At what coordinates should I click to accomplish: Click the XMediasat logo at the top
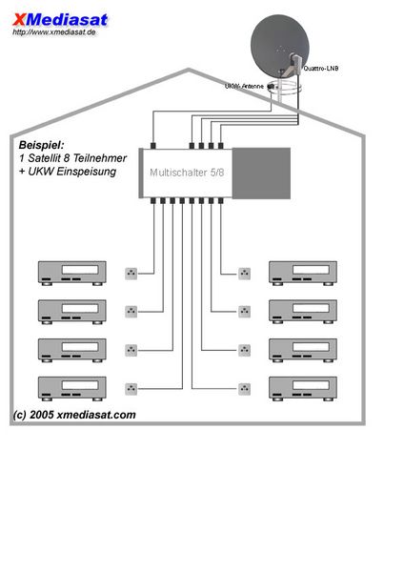click(x=60, y=20)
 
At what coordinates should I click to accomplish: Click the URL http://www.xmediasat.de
click(x=54, y=32)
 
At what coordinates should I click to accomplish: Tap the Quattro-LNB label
click(x=321, y=69)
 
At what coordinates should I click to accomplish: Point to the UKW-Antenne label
click(x=244, y=87)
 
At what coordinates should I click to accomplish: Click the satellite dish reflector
click(x=279, y=42)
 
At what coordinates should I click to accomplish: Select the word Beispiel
click(x=41, y=145)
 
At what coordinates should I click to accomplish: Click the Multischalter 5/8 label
click(x=187, y=173)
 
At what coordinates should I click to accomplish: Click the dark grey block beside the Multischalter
click(x=261, y=174)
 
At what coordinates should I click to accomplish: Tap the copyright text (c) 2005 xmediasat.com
click(x=74, y=415)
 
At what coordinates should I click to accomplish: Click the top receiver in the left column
click(x=72, y=273)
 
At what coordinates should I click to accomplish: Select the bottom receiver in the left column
click(x=72, y=389)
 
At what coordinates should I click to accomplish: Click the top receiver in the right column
click(x=303, y=273)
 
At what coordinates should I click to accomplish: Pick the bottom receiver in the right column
click(x=303, y=389)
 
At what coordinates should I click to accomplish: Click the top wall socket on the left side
click(x=131, y=274)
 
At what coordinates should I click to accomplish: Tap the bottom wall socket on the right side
click(x=244, y=389)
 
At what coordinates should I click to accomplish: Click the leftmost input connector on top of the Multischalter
click(x=153, y=146)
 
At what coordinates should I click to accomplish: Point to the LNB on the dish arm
click(x=295, y=62)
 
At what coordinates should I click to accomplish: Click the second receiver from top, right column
click(x=303, y=312)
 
